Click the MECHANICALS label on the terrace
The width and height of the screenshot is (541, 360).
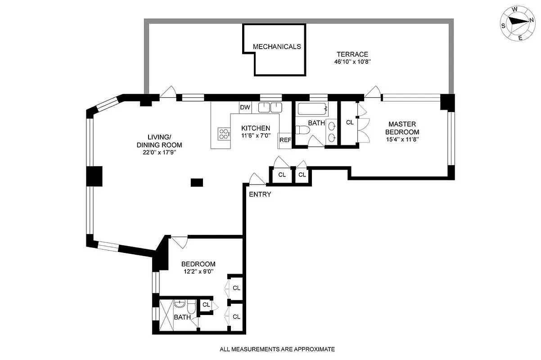click(x=276, y=46)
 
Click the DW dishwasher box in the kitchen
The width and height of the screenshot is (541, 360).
click(x=245, y=108)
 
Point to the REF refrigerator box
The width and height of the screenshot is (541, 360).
click(x=285, y=140)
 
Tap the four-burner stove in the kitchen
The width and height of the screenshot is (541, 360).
click(x=224, y=133)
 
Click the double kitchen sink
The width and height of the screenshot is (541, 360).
click(x=270, y=108)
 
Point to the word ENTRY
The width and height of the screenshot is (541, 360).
click(x=260, y=194)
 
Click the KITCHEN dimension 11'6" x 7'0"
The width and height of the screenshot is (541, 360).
click(x=255, y=135)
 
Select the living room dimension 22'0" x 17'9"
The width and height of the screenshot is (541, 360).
click(x=159, y=152)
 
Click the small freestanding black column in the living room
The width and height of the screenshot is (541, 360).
click(x=197, y=182)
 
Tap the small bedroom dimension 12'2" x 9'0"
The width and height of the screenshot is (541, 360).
click(x=198, y=271)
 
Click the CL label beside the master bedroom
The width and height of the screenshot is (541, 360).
click(x=350, y=122)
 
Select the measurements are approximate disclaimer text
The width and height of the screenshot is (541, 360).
click(x=277, y=349)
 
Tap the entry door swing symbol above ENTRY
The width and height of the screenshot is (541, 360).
click(x=257, y=179)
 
